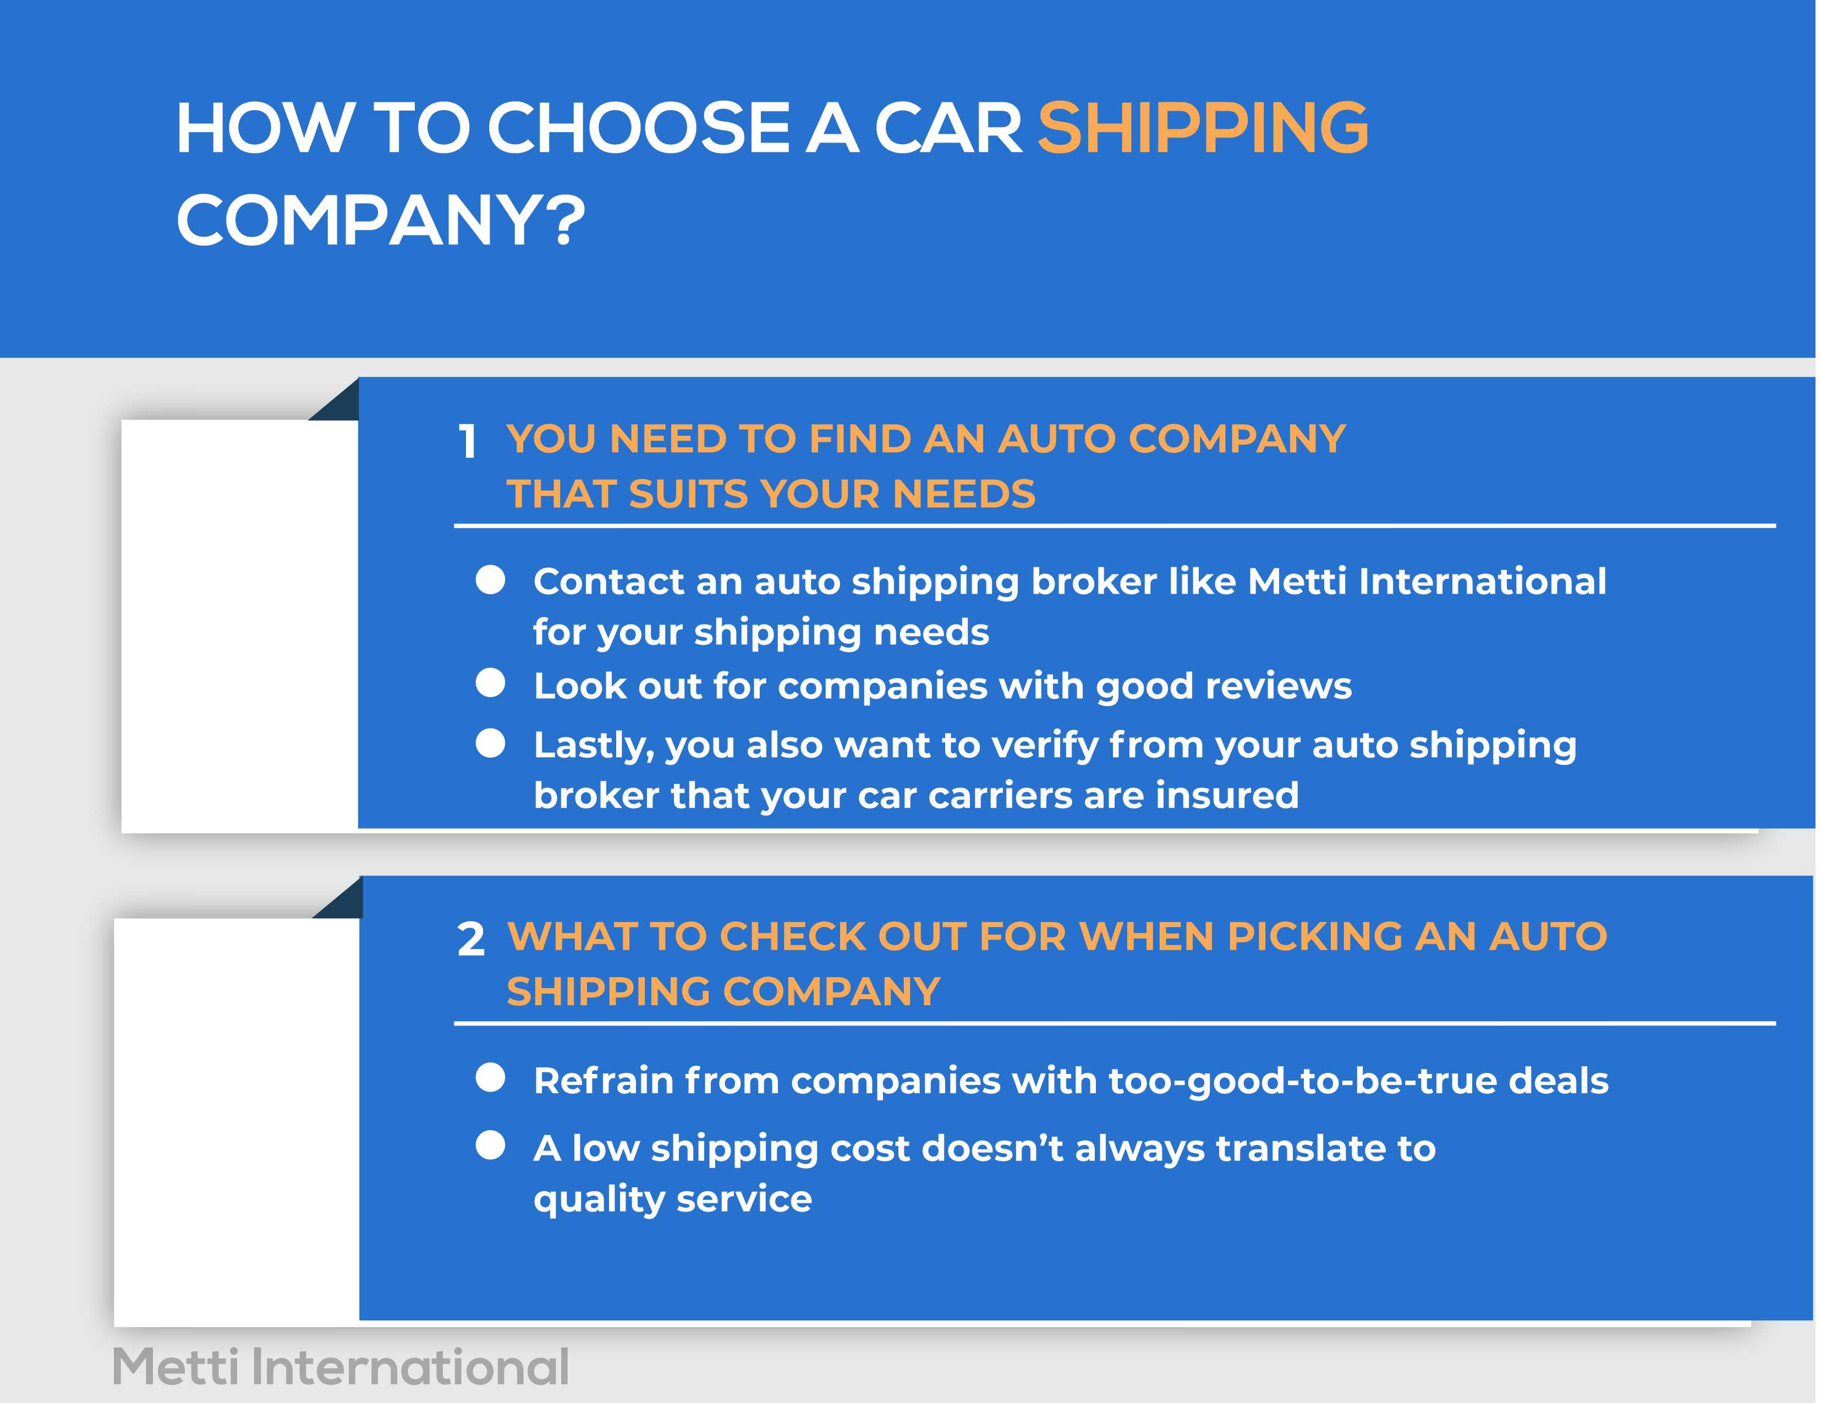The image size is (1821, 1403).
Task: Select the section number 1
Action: pos(468,441)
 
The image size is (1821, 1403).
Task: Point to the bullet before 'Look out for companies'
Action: pos(490,683)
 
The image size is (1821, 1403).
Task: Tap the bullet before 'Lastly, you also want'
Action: pos(490,743)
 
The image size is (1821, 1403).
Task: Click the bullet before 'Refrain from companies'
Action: pos(490,1077)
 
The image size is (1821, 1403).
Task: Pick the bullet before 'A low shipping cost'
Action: pos(490,1146)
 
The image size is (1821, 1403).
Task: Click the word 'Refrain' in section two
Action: pos(603,1081)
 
